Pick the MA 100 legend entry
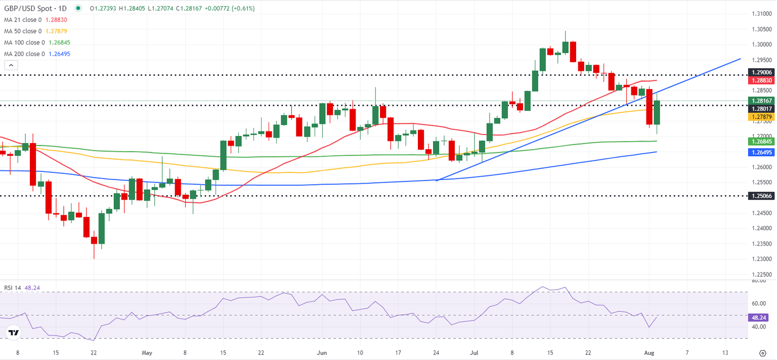24,42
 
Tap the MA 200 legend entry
24,54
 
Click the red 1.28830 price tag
761,80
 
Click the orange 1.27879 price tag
761,117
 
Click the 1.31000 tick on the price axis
761,14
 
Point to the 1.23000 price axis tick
761,259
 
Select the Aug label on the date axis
650,352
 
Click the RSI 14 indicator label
15,288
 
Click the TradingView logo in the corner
14,333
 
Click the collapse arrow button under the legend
11,65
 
